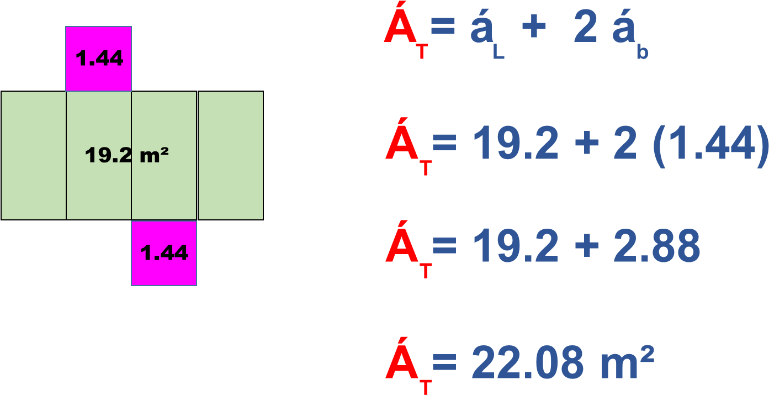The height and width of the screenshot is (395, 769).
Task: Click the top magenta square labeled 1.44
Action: tap(98, 59)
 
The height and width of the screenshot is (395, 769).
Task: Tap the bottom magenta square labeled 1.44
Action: tap(164, 253)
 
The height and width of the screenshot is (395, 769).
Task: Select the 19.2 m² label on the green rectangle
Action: tap(126, 155)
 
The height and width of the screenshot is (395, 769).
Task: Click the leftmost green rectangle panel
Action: tap(34, 155)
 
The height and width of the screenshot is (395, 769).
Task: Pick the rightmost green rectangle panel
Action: tap(230, 155)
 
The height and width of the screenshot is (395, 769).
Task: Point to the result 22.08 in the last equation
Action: tap(528, 362)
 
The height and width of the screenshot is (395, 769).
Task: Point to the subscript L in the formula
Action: tap(498, 54)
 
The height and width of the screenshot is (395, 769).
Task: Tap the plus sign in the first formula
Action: tap(530, 29)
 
